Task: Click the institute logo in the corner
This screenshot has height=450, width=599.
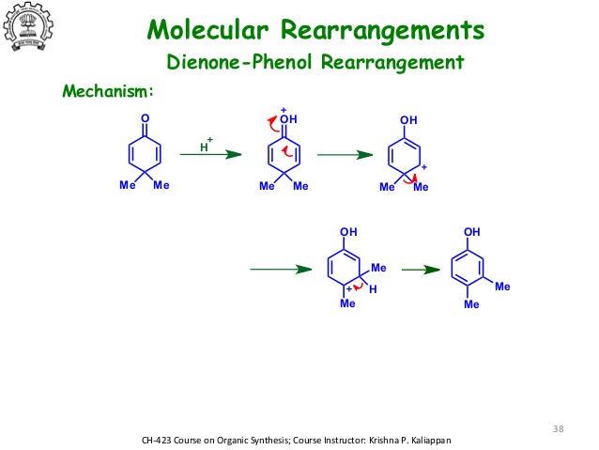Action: (x=28, y=26)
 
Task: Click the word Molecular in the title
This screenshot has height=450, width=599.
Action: (x=207, y=29)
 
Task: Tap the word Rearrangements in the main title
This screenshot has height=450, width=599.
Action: (x=383, y=30)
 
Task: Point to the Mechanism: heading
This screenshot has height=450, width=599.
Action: (x=108, y=91)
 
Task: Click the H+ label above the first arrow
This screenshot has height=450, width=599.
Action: (x=207, y=145)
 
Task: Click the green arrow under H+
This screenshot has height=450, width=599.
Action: (x=211, y=154)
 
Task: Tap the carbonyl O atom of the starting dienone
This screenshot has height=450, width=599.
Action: (x=145, y=118)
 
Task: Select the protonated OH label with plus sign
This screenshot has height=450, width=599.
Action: (x=288, y=116)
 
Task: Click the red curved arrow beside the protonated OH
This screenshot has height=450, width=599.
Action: (x=273, y=125)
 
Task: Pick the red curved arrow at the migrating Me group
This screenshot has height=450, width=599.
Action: (x=410, y=179)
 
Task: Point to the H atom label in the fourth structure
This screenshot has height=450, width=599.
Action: (x=373, y=289)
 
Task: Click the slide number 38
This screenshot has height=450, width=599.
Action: (x=558, y=428)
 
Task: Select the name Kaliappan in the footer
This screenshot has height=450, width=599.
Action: (x=431, y=441)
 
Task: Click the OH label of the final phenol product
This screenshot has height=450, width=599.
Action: (x=472, y=232)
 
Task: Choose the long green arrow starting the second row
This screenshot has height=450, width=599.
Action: (x=281, y=270)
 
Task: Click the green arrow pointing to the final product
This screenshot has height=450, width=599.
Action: (x=421, y=270)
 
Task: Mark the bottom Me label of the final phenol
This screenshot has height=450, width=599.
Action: (x=471, y=304)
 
